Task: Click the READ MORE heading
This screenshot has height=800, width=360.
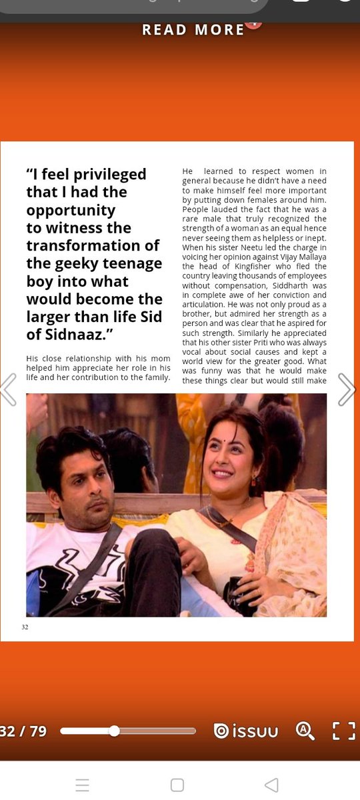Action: pos(193,29)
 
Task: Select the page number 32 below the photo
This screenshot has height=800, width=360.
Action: pos(25,627)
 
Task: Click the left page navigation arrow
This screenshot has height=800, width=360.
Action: pos(8,390)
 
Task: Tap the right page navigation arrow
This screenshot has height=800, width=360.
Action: pos(347,390)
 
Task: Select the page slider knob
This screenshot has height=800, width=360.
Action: pos(114,731)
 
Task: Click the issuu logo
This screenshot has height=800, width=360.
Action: pos(246,731)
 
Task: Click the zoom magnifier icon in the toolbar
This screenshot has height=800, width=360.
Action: pos(305,731)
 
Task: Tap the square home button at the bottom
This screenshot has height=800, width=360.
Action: pos(177,785)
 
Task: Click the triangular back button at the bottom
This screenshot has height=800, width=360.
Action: pos(271,785)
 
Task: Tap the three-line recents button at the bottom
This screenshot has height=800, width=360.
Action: pos(82,785)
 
